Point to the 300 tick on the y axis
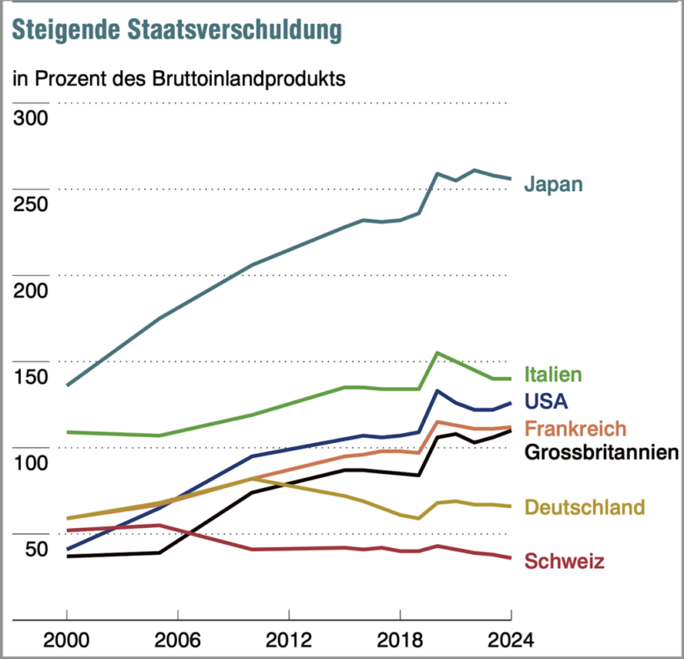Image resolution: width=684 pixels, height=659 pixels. pos(31,116)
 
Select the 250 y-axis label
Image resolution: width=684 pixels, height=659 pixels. pos(31,203)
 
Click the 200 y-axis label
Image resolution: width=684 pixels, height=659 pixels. pos(31,289)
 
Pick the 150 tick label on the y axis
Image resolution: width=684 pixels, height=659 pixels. pos(31,376)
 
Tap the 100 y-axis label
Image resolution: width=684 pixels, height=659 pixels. pos(31,462)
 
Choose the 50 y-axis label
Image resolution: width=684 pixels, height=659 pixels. pos(37,549)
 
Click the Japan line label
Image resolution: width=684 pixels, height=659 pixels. pos(553,184)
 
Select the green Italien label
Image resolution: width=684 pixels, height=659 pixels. pos(553,375)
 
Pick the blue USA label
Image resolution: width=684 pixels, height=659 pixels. pos(546,401)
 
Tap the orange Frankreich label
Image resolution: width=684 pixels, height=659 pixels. pos(575,429)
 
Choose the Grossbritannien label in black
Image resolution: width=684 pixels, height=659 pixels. pos(601,454)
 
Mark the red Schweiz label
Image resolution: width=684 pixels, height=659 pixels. pos(564,562)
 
